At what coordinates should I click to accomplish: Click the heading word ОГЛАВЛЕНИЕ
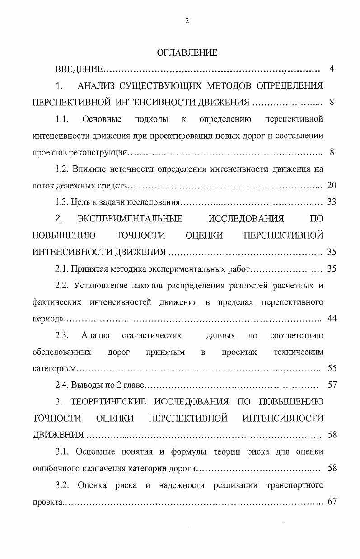187,53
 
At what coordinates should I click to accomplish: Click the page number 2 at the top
187,20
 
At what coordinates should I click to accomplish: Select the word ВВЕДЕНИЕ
79,70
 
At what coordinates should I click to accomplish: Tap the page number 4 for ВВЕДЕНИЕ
332,69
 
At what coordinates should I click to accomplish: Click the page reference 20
332,185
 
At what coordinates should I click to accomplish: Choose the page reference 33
332,202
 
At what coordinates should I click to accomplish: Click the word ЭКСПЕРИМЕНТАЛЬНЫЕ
130,219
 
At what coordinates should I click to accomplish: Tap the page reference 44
332,319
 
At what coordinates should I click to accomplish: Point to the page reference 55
332,368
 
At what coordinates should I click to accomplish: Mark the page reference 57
332,385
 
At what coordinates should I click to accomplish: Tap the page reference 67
332,502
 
